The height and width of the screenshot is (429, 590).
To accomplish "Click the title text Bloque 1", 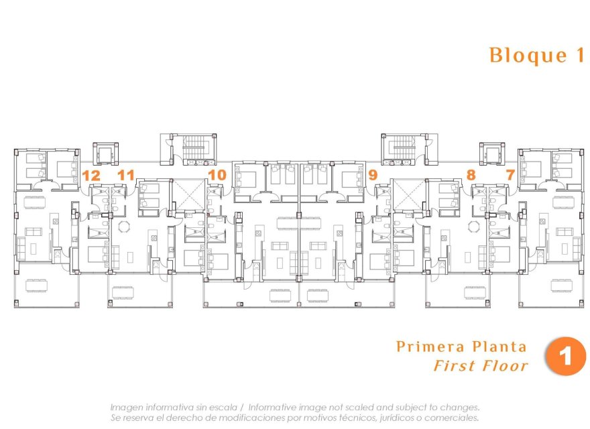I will point(537,55).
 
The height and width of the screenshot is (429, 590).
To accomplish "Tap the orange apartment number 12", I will point(91,176).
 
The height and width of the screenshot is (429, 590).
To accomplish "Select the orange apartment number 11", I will point(125,176).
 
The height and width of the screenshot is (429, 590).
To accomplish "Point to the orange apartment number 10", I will point(217,176).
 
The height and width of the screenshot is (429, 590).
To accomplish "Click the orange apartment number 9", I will point(373,176).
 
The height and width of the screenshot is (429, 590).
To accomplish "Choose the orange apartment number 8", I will point(471,176).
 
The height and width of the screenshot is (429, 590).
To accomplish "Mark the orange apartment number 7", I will point(510,176).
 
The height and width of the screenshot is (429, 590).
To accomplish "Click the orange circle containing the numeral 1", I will point(565,356).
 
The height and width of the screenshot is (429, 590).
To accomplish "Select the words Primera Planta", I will point(461,347).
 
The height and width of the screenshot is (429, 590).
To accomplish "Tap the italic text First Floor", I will point(480,366).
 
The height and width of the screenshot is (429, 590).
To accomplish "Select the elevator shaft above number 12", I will point(104,154).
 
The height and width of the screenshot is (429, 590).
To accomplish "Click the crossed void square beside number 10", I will point(188,194).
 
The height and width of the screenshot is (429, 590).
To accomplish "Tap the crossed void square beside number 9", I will point(407,194).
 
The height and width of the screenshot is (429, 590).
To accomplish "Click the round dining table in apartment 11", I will point(123,227).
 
